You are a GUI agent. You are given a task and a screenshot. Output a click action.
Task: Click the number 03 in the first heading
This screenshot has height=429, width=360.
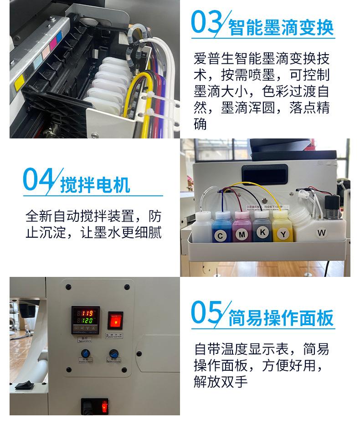206,23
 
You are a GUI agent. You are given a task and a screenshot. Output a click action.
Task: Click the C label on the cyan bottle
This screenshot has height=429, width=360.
221,235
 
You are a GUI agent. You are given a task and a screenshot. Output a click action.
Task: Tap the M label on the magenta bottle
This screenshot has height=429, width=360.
242,235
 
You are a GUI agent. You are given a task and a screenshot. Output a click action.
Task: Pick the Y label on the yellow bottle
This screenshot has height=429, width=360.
283,235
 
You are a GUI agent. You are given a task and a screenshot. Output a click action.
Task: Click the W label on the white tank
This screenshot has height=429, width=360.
322,233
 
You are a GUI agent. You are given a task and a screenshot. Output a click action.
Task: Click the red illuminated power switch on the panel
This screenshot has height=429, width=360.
115,320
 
